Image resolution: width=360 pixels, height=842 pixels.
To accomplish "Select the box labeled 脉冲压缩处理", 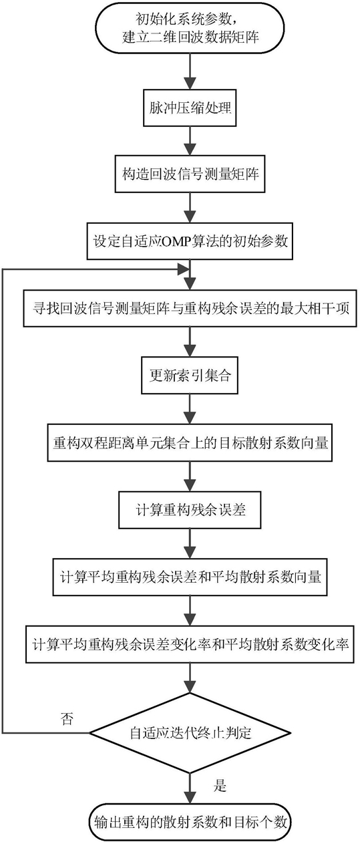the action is click(190, 108).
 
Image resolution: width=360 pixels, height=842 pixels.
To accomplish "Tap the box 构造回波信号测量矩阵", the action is click(190, 174).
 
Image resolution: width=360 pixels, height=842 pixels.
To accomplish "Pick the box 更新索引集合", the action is click(190, 375).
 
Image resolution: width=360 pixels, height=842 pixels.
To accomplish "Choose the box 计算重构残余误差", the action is click(190, 510).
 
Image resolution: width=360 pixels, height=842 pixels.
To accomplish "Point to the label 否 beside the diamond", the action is click(67, 719).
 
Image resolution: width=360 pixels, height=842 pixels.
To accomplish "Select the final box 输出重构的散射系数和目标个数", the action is click(190, 822).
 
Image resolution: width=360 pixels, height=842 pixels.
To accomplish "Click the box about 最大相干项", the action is click(190, 308).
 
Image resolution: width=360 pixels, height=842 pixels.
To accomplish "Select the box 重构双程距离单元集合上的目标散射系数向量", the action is click(190, 442).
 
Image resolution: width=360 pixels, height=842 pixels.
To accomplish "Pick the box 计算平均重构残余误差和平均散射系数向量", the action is click(190, 577).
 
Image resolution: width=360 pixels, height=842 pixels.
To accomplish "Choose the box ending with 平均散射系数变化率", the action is click(190, 644).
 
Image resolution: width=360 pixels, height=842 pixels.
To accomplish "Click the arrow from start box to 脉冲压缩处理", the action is click(190, 72).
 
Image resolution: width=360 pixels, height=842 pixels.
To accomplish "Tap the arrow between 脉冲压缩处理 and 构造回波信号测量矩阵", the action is click(190, 141).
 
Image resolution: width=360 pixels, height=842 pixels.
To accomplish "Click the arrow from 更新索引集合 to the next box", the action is click(190, 409).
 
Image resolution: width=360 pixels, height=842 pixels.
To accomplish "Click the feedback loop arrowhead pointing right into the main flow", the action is click(183, 269).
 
